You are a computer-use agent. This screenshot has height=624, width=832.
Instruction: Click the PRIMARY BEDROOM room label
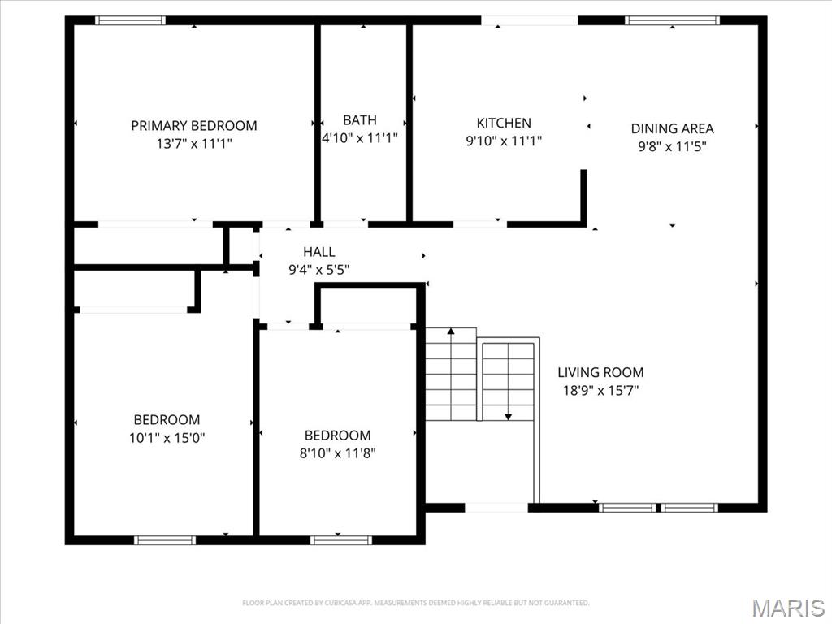(193, 126)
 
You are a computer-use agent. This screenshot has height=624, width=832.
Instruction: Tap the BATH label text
(359, 120)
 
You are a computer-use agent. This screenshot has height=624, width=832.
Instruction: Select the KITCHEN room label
(504, 123)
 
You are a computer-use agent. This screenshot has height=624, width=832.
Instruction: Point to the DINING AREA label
(672, 128)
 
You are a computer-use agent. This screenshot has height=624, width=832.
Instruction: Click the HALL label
(318, 252)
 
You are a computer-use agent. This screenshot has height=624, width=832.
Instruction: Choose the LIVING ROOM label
(600, 372)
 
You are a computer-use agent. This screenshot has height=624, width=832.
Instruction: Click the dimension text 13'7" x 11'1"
(193, 144)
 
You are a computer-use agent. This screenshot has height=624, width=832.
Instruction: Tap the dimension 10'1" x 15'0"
(167, 438)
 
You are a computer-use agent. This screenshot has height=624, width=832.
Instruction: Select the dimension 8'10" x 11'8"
(337, 453)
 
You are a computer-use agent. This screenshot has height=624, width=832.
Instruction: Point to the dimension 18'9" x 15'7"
(600, 390)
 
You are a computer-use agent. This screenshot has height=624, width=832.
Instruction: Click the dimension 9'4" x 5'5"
(318, 270)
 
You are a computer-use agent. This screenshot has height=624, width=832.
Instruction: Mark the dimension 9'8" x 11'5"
(672, 146)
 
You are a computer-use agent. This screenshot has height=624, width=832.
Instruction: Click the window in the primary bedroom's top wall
(130, 20)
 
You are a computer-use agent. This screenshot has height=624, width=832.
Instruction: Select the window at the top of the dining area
(672, 20)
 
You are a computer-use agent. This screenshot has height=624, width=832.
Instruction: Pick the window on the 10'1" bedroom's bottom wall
(165, 539)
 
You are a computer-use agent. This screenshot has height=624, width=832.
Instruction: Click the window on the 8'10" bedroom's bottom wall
(341, 539)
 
